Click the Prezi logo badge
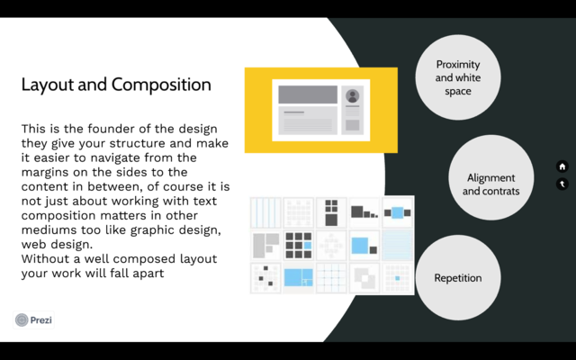[34, 319]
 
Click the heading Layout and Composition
[116, 85]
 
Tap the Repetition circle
[458, 278]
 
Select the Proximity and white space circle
[458, 77]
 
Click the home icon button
[562, 166]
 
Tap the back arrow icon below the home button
[562, 184]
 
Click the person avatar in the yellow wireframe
[352, 96]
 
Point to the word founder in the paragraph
[106, 129]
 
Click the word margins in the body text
[48, 172]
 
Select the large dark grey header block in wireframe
[307, 94]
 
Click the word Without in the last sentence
[46, 258]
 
